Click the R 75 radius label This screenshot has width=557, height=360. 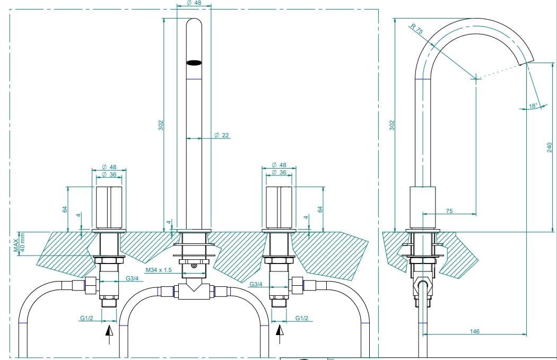pos(416,29)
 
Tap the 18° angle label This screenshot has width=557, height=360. pos(533,106)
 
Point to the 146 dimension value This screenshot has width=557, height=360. pos(475,331)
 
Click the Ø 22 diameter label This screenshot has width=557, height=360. pos(221,136)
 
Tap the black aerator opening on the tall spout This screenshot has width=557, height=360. pos(194,63)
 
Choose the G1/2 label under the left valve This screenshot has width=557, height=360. pos(87,318)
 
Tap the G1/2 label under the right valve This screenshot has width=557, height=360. pos(302,318)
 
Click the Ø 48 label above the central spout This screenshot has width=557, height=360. pos(194,3)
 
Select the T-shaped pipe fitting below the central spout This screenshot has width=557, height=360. pos(194,291)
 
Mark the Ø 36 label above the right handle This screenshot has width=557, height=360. pos(279,172)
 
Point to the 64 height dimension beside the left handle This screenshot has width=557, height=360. pos(65,209)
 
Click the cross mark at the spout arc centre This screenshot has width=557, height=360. pos(476,78)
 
